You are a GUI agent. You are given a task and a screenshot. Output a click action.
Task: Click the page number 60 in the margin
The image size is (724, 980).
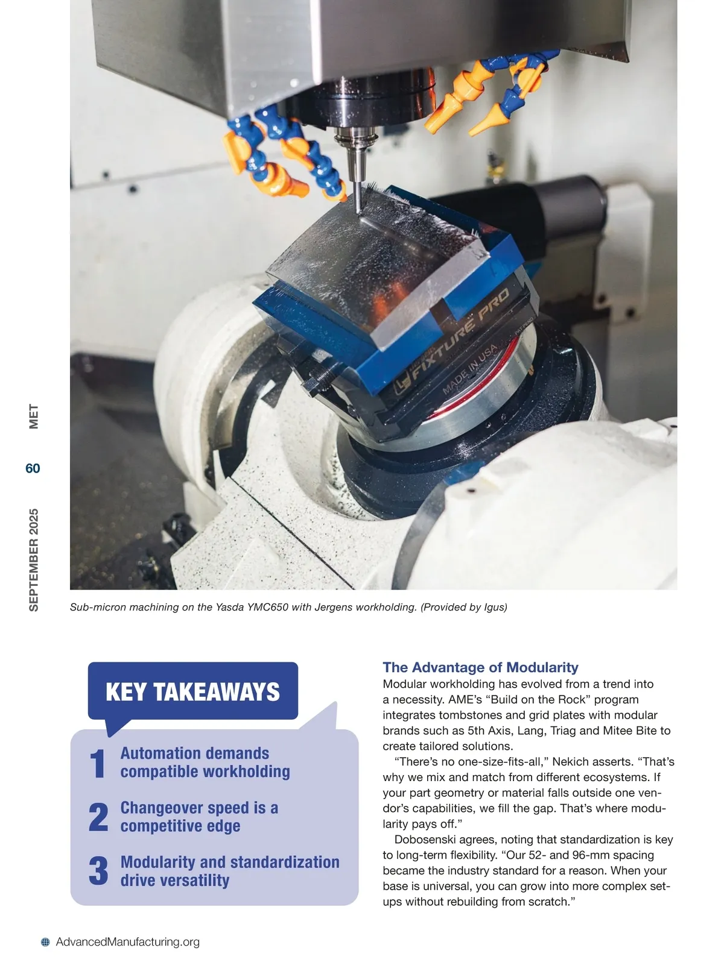33,468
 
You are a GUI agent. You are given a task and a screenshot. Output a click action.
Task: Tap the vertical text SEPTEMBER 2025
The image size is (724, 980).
34,560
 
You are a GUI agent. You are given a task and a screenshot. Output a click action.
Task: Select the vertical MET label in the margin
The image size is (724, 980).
34,416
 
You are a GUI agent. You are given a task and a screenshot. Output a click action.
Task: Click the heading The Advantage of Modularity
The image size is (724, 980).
480,667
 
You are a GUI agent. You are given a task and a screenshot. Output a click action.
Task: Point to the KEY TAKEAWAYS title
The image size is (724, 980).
192,692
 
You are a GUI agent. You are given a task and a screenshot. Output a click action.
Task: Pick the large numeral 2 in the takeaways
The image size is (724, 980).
98,817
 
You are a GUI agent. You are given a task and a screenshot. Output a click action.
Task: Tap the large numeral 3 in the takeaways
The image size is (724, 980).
98,872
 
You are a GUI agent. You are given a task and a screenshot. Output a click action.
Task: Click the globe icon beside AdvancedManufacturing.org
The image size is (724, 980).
45,942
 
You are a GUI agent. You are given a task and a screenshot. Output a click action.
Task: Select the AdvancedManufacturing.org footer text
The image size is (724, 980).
127,942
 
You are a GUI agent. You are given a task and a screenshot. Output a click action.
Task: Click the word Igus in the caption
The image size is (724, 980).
495,607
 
